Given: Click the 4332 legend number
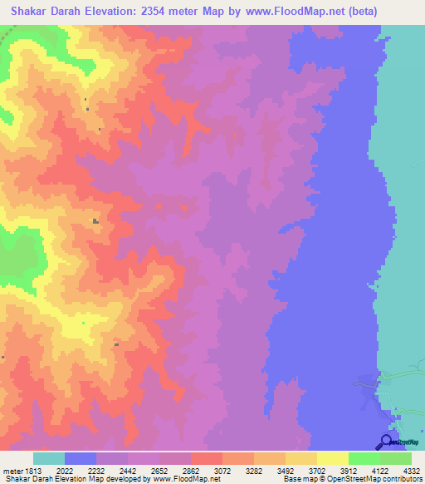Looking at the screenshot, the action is coord(412,469).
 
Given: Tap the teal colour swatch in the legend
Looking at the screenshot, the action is coord(48,458).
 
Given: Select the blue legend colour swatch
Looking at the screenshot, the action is coord(81,458).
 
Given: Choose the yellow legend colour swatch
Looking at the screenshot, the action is coord(332,458).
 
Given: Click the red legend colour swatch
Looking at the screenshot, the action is coord(206,458).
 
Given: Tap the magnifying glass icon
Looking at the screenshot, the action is coord(385,443).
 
